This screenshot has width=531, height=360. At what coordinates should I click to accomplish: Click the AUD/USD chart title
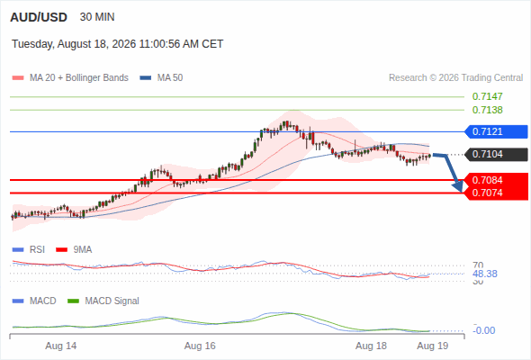tap(39, 17)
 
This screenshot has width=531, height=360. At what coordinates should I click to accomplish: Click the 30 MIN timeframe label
tap(97, 17)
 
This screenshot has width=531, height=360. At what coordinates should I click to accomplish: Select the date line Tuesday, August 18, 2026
tap(118, 44)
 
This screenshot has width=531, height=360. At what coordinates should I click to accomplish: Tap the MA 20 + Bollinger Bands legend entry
tap(70, 78)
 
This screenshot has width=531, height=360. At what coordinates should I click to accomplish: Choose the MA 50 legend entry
tap(161, 78)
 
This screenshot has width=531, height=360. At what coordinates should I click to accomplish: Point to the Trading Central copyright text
tap(455, 78)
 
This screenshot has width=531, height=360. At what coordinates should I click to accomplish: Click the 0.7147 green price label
tap(487, 96)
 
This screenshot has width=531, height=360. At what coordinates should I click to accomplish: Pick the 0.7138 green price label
tap(487, 110)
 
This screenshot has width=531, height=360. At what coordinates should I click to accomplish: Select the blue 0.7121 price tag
tap(497, 131)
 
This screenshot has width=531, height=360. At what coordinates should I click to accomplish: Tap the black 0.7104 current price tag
tap(497, 155)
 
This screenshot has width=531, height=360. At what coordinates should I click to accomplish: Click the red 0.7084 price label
tap(487, 180)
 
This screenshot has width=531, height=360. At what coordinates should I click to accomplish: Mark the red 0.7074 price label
tap(487, 193)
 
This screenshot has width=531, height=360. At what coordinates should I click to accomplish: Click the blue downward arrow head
tap(458, 186)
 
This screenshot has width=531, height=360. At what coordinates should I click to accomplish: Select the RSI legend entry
tap(29, 250)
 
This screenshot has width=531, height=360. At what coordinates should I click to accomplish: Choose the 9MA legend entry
tap(74, 250)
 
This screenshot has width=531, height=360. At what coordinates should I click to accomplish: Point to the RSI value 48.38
tap(485, 274)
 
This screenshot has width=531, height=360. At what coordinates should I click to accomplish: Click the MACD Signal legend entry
tap(103, 301)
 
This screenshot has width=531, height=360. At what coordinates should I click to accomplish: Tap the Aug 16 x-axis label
tap(200, 346)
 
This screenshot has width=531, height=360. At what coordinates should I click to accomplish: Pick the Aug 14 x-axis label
tap(61, 346)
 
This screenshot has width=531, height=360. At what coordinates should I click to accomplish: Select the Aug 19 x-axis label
tap(433, 346)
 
